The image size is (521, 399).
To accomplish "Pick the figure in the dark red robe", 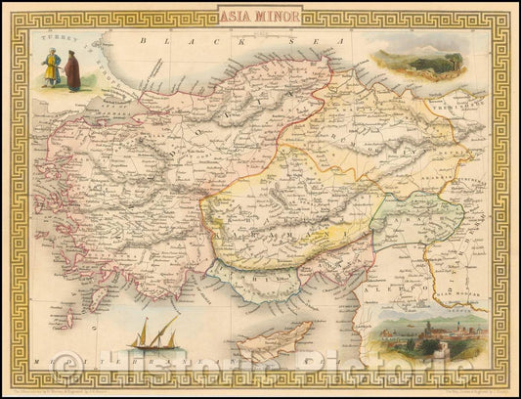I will click(72, 71).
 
